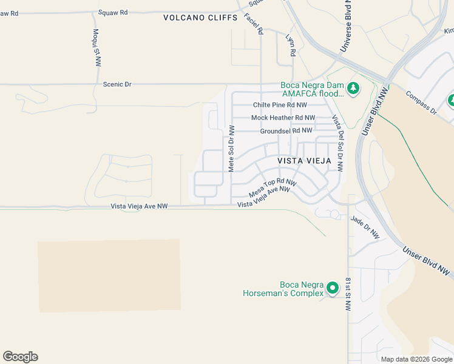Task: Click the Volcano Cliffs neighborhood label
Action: pos(200,18)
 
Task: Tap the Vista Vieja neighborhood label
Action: pos(305,161)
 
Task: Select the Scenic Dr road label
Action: pos(118,84)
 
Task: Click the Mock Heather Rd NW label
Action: pos(283,118)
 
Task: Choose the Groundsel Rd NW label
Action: pos(286,130)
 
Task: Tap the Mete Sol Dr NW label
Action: pos(231,148)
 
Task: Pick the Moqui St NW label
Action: pos(97,47)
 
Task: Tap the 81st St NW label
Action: pos(348,294)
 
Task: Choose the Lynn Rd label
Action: pos(290,45)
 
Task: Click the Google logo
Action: pos(20,357)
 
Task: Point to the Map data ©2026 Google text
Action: pos(416,359)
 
